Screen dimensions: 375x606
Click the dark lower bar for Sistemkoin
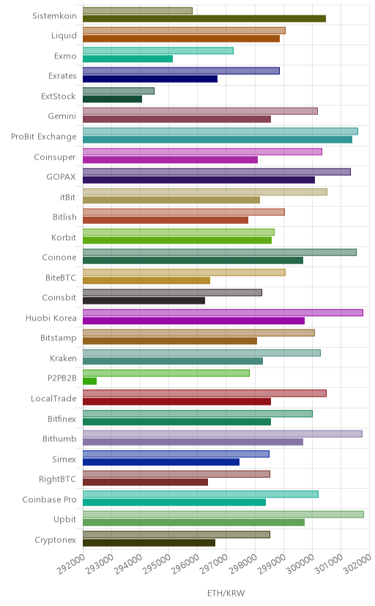click(204, 18)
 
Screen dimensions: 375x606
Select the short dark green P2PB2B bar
click(89, 381)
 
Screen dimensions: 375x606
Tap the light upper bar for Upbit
click(223, 515)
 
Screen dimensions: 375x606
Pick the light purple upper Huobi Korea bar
click(223, 313)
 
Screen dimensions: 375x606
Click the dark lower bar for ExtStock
click(112, 99)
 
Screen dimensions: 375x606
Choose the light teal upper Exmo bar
click(158, 50)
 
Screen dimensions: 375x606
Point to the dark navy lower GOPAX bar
click(198, 180)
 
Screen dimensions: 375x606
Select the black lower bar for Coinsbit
click(144, 301)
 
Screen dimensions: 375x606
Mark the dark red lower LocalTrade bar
click(177, 402)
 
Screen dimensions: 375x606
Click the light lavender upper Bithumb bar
click(223, 434)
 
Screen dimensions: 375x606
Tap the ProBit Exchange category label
click(44, 136)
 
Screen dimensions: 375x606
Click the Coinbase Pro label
click(50, 499)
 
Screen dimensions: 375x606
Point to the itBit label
click(67, 197)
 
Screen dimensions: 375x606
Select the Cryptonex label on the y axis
click(55, 540)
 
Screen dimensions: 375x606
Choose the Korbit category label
click(64, 237)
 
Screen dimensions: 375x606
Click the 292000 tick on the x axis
click(71, 564)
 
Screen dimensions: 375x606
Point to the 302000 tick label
click(357, 564)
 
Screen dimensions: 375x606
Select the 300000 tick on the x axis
click(300, 564)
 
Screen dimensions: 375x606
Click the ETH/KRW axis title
click(226, 594)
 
